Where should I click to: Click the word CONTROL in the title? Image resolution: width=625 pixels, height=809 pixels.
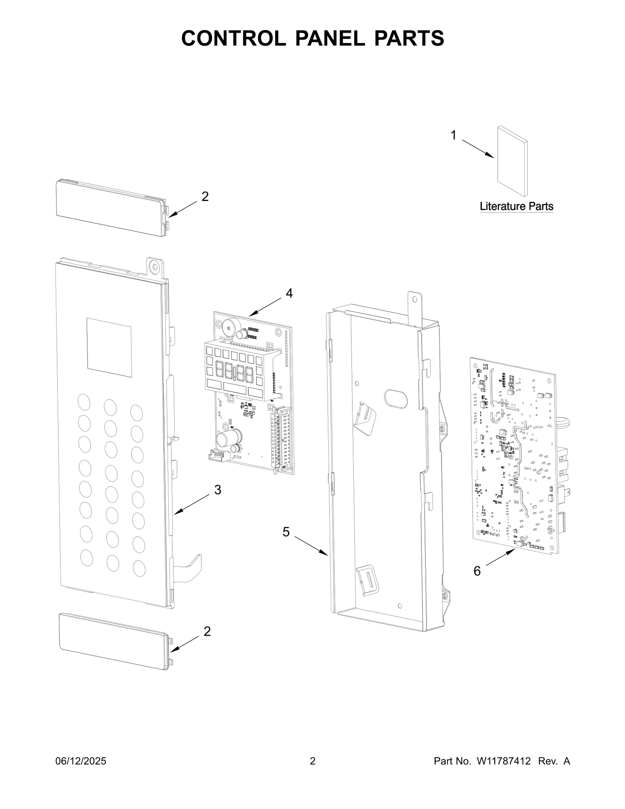click(x=233, y=38)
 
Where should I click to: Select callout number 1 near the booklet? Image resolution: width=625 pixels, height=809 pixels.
click(x=453, y=136)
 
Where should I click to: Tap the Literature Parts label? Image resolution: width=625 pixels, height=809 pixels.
click(x=516, y=206)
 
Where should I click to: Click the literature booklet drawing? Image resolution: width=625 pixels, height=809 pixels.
click(x=512, y=161)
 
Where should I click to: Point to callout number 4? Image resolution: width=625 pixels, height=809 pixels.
click(x=289, y=293)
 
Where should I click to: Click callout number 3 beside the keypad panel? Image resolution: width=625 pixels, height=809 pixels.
click(x=218, y=489)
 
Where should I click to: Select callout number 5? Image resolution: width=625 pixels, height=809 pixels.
click(x=286, y=532)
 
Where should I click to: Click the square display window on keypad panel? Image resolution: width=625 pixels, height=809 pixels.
click(x=109, y=347)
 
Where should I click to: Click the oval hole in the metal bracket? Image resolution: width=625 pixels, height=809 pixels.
click(x=396, y=398)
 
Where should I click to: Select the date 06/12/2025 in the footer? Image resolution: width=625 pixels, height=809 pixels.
click(x=81, y=761)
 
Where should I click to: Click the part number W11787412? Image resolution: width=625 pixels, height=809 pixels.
click(x=503, y=761)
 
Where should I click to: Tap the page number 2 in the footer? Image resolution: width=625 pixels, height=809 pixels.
click(x=312, y=761)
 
